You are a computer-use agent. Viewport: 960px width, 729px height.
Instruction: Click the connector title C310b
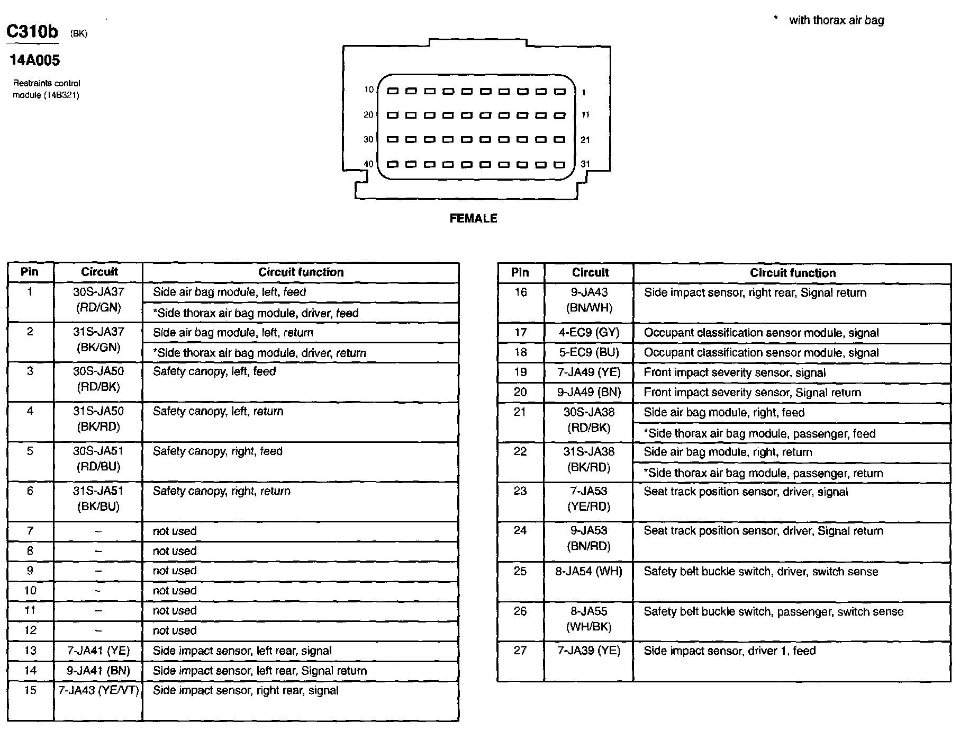pos(32,32)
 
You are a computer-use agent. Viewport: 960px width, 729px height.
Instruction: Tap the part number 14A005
pos(35,60)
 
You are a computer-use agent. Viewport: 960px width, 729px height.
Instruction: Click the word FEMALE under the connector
pos(473,218)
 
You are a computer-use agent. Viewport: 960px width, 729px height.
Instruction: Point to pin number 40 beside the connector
pos(368,164)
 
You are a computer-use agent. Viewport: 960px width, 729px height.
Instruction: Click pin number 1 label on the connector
pos(584,93)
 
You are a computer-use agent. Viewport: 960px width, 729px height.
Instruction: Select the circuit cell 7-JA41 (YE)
pos(98,651)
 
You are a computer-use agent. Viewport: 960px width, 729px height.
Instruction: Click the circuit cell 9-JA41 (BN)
pos(98,671)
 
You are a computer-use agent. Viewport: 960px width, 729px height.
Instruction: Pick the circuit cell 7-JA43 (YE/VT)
pos(98,690)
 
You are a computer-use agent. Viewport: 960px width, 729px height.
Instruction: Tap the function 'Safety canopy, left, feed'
pos(214,371)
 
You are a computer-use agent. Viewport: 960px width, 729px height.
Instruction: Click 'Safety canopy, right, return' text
pos(222,491)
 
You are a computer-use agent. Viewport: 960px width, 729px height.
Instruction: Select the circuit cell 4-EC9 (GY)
pos(589,333)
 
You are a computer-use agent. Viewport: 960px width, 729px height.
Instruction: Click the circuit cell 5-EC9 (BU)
pos(589,353)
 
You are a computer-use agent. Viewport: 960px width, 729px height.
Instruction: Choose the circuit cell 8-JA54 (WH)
pos(589,571)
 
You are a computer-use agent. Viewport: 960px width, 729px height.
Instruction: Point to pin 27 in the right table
pos(520,651)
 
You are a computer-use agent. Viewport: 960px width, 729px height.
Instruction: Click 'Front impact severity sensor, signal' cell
pos(735,372)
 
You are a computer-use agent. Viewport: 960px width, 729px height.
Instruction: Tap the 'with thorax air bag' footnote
pos(836,20)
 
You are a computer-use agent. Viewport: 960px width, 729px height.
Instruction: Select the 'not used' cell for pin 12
pos(175,630)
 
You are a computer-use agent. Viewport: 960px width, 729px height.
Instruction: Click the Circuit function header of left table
pos(301,272)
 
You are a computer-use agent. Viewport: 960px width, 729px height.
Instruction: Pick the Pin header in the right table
pos(520,272)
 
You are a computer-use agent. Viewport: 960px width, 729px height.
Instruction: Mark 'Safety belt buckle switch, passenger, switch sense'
pos(773,611)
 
